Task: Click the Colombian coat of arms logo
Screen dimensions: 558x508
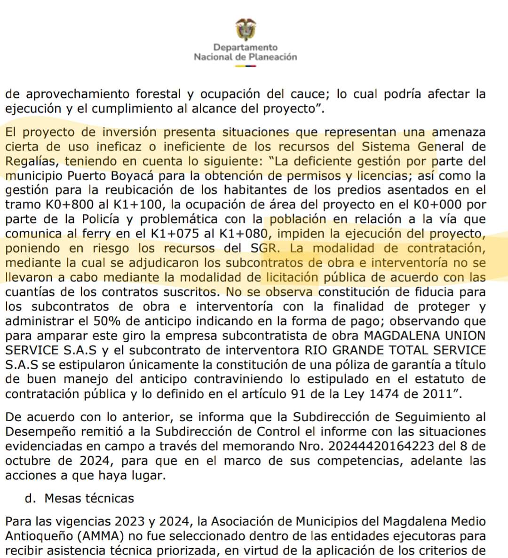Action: click(246, 30)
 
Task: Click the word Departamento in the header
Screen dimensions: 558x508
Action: click(245, 47)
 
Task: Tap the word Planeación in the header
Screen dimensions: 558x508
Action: click(272, 57)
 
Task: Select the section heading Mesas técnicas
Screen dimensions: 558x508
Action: click(89, 498)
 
